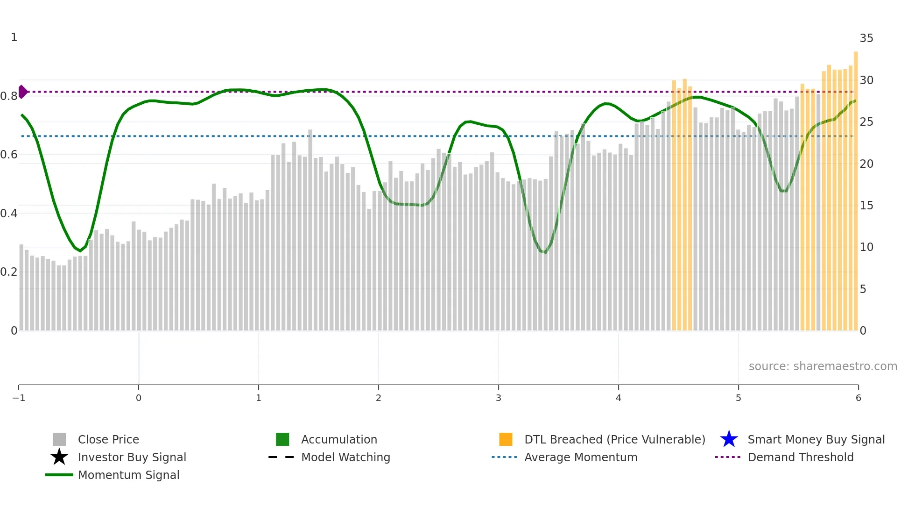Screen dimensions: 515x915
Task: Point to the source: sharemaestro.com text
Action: (x=823, y=366)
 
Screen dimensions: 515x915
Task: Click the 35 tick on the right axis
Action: (x=866, y=38)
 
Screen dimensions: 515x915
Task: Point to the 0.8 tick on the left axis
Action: (x=9, y=96)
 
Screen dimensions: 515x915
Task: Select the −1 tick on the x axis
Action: (x=19, y=398)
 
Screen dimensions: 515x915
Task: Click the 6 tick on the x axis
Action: (x=858, y=398)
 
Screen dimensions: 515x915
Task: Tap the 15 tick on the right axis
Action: (x=866, y=206)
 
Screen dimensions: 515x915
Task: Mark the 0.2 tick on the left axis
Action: (x=9, y=272)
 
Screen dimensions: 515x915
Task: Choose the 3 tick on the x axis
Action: (x=499, y=398)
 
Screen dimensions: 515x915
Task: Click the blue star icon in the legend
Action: (x=729, y=439)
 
